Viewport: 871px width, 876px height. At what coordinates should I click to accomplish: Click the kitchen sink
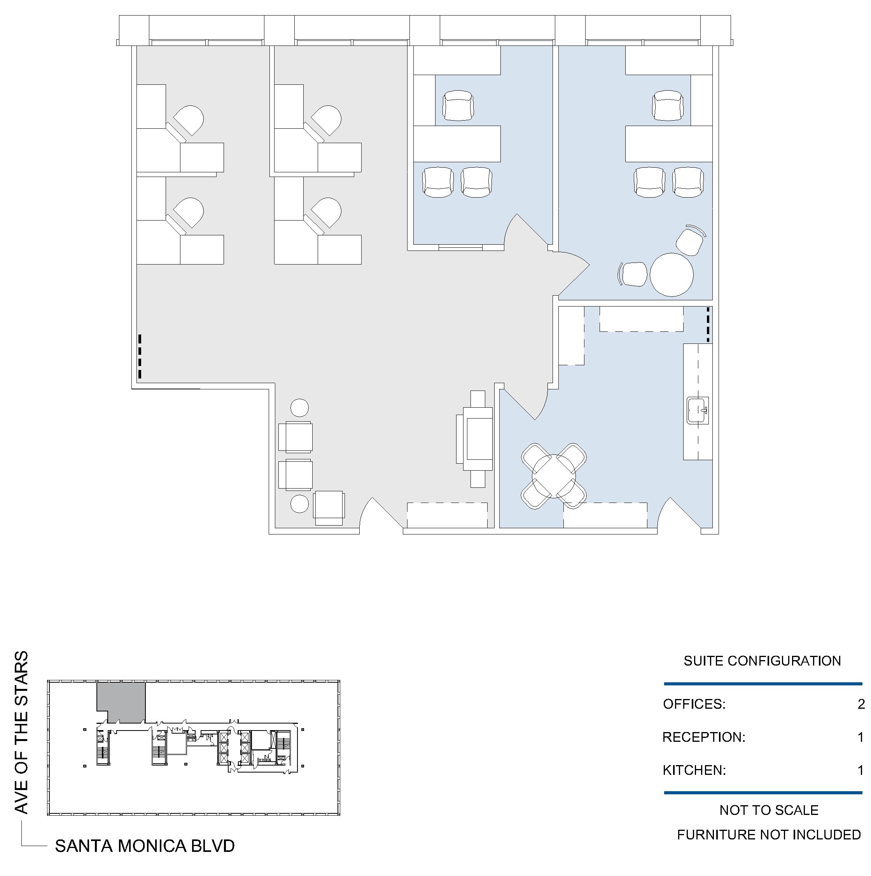(x=698, y=410)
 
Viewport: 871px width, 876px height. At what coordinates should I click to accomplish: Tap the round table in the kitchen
(x=554, y=476)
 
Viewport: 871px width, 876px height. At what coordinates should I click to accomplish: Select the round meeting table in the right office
(x=672, y=275)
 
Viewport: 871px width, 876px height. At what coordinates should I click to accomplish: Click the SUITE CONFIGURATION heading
(x=762, y=661)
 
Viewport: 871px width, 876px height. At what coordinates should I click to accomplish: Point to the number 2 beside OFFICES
(x=861, y=704)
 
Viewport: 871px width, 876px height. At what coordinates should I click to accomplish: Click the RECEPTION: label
(x=704, y=737)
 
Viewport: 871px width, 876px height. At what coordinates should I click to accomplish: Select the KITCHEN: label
(x=694, y=770)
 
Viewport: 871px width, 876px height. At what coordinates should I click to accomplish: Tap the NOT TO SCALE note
(x=769, y=810)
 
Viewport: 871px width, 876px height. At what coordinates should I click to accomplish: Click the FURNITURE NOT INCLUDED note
(x=769, y=834)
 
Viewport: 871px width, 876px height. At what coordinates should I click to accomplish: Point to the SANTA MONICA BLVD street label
(x=145, y=846)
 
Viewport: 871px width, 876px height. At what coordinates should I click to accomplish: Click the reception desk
(x=474, y=439)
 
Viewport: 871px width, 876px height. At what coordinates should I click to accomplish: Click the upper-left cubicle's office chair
(x=187, y=121)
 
